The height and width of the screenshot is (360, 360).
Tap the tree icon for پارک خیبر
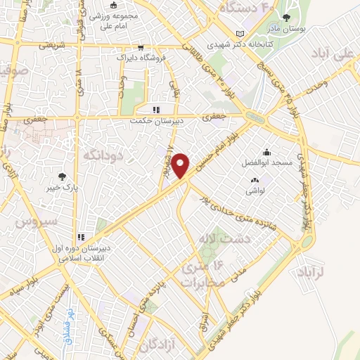(63, 178)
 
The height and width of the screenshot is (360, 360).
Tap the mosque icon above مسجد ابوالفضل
(267, 153)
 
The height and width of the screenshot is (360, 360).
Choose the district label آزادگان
(158, 345)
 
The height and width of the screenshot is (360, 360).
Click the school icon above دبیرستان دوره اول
(81, 236)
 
